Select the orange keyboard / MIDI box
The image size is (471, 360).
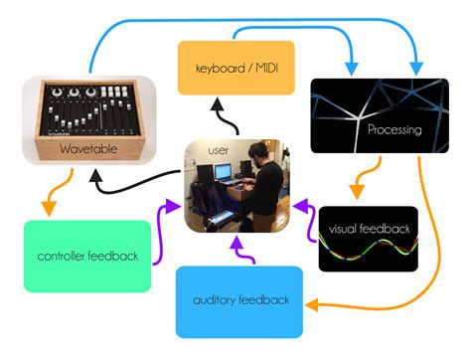click(x=235, y=67)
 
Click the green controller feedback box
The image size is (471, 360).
click(x=87, y=256)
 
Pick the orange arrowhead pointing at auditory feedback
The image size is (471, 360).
click(x=312, y=302)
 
